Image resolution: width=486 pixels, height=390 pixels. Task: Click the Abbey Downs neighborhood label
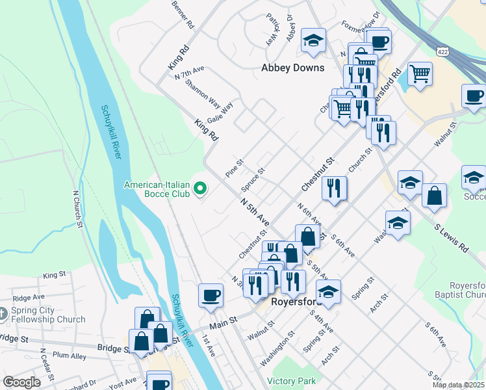pyautogui.click(x=288, y=67)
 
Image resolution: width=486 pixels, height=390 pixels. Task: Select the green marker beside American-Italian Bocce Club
pyautogui.click(x=201, y=189)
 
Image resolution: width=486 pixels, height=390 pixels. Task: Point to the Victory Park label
pyautogui.click(x=291, y=381)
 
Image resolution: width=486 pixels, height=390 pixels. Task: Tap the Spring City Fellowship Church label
pyautogui.click(x=48, y=315)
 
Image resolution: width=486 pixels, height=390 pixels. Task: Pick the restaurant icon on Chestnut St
pyautogui.click(x=334, y=188)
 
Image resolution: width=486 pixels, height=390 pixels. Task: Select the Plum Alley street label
pyautogui.click(x=70, y=356)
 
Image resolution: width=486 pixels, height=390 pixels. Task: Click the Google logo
pyautogui.click(x=21, y=382)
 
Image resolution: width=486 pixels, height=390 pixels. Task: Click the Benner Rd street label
pyautogui.click(x=183, y=14)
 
